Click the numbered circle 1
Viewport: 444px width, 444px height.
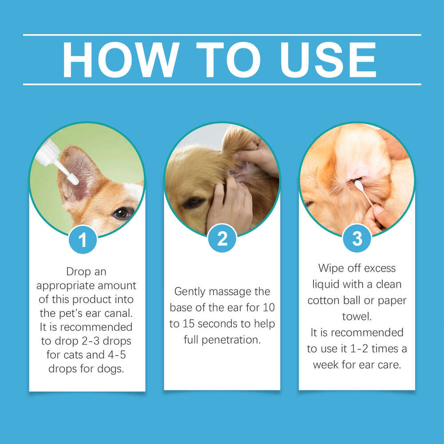[83, 240]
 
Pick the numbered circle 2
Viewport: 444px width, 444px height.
[222, 238]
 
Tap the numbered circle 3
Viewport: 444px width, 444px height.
[357, 238]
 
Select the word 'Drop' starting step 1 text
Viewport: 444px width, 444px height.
[80, 271]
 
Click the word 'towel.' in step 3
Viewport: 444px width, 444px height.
[357, 316]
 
